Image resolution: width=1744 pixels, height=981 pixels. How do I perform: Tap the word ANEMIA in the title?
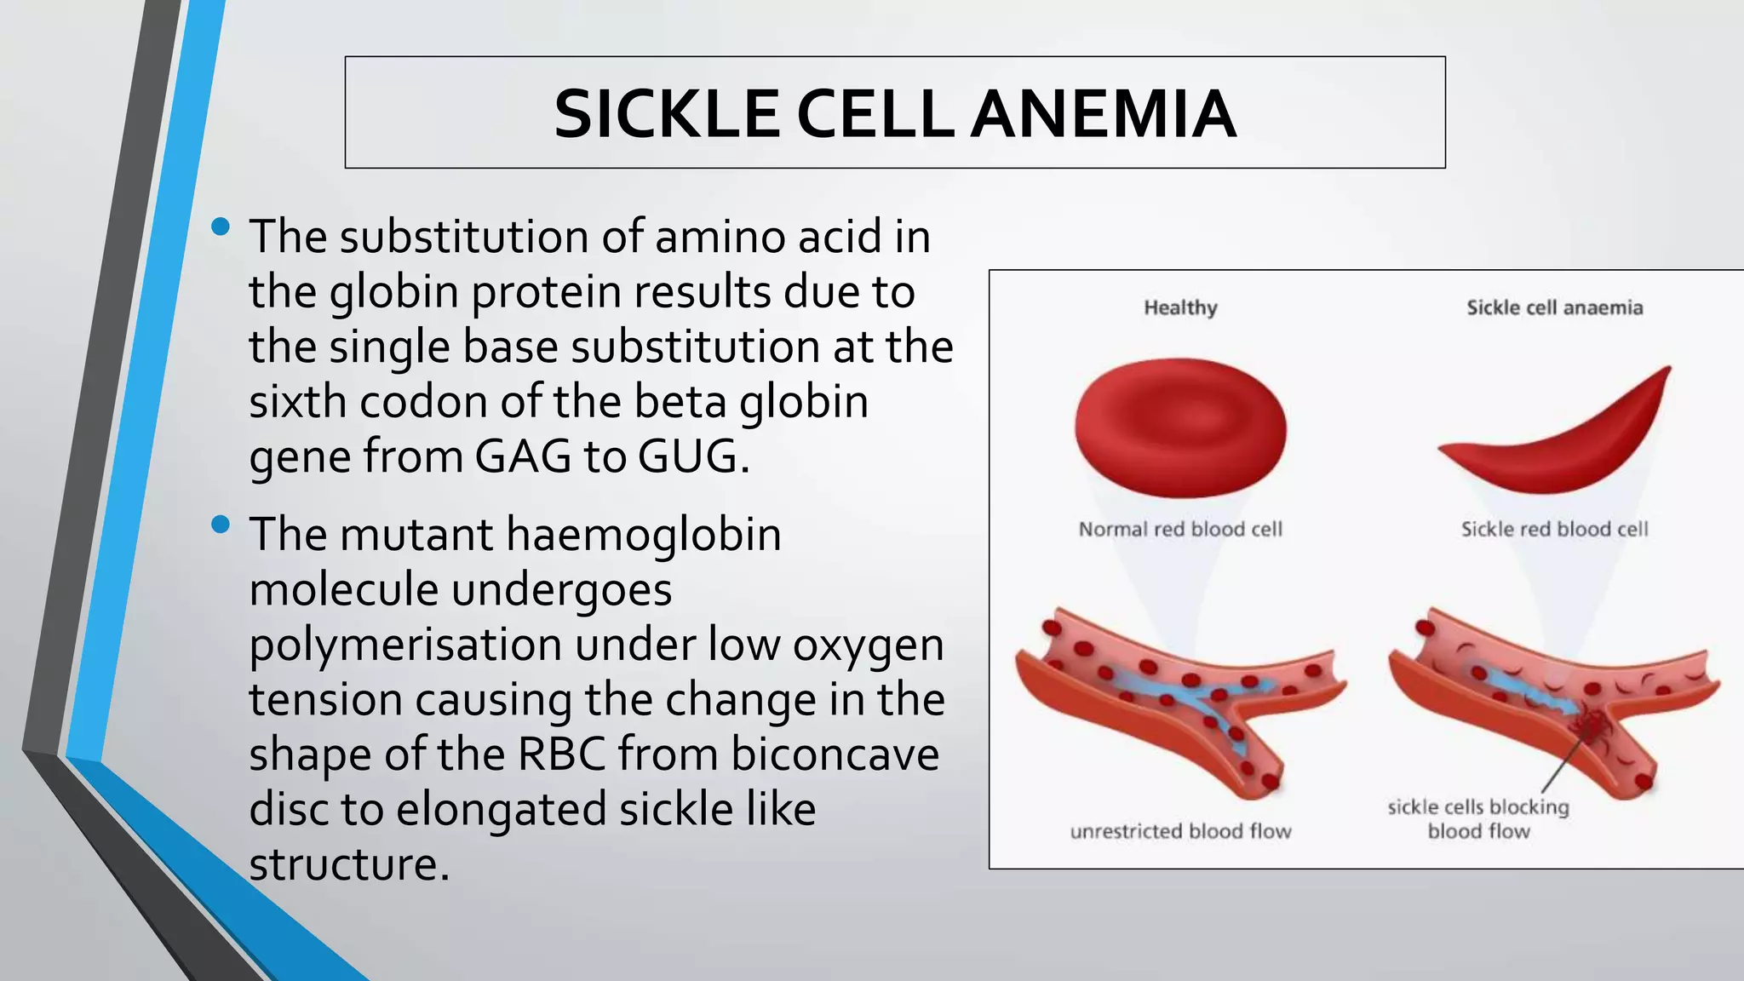pos(1104,114)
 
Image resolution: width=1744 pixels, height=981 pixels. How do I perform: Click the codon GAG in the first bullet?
pos(523,456)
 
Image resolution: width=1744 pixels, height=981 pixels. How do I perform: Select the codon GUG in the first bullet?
pos(688,456)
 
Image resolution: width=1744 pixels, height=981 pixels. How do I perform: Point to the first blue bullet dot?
pos(221,227)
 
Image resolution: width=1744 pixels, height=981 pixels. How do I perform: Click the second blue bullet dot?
pos(221,524)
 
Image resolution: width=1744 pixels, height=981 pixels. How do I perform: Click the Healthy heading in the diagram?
pos(1180,307)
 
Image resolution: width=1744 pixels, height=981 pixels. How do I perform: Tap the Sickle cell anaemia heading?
pos(1554,307)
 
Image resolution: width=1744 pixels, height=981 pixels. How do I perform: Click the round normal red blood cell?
pos(1180,427)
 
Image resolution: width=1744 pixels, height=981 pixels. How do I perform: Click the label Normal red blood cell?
pos(1180,529)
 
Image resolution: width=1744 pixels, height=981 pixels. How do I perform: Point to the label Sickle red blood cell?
pos(1554,529)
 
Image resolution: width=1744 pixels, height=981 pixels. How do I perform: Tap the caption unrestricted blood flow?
pos(1180,831)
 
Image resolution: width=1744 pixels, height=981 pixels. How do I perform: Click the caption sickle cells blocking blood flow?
pos(1478,818)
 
